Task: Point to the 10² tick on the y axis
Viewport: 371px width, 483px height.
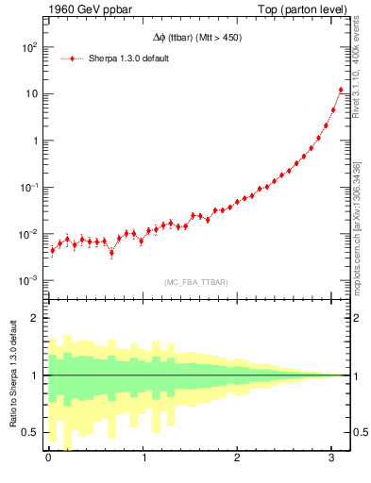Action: pyautogui.click(x=29, y=47)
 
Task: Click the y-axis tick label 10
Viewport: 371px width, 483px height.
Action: pyautogui.click(x=31, y=93)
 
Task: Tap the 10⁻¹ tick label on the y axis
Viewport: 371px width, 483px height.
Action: pyautogui.click(x=29, y=187)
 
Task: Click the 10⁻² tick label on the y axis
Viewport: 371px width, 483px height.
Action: pyautogui.click(x=29, y=234)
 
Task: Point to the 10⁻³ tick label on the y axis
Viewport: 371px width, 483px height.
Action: pyautogui.click(x=29, y=280)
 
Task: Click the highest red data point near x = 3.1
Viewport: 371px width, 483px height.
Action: pyautogui.click(x=341, y=90)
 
